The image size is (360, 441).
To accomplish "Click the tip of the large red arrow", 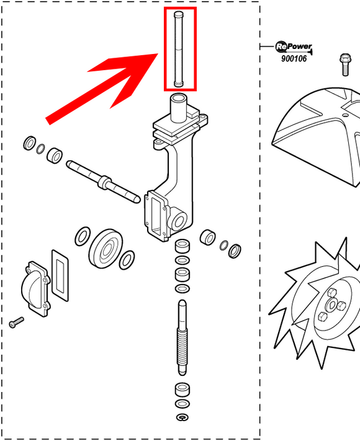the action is click(x=158, y=54).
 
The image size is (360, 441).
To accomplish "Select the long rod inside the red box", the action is click(x=179, y=49).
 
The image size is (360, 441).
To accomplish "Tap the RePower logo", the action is click(x=294, y=47).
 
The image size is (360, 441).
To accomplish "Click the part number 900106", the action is click(x=294, y=58).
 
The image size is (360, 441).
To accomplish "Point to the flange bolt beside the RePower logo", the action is click(x=345, y=65).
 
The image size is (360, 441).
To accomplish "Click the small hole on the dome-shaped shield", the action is click(x=345, y=115).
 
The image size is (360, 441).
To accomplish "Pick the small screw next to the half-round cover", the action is click(x=16, y=322).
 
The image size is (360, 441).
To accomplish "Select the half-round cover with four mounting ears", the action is click(x=35, y=289).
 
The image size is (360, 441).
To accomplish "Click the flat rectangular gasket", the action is click(x=60, y=275).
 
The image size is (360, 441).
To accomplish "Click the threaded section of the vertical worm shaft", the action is click(x=182, y=346).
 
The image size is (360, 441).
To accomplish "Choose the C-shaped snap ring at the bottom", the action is click(x=182, y=417).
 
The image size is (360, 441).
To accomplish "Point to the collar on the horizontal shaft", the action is click(x=104, y=182).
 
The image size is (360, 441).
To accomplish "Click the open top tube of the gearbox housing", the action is click(x=179, y=108).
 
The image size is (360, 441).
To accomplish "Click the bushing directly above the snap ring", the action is click(x=182, y=390).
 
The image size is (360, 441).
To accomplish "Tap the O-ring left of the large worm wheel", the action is click(x=83, y=236).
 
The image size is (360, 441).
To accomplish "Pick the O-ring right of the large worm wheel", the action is click(x=127, y=260).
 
